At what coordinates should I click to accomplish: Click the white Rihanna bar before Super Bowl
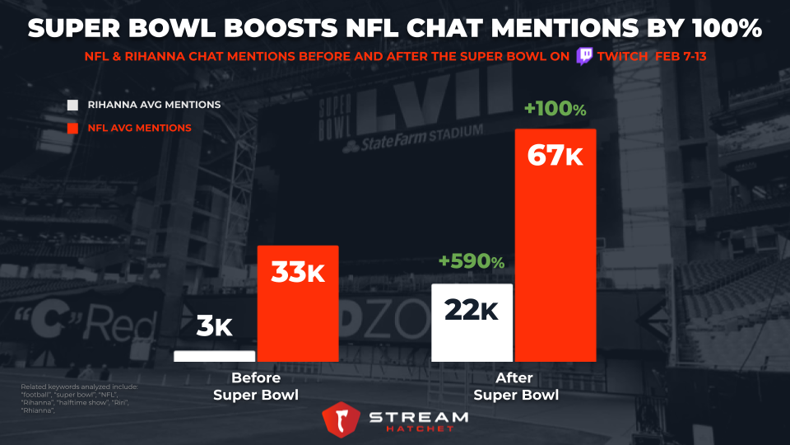coord(214,356)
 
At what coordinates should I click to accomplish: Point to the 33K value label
coord(298,270)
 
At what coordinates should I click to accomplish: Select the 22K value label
coord(472,309)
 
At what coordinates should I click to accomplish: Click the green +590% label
coord(472,261)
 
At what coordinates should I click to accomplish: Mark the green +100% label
coord(555,109)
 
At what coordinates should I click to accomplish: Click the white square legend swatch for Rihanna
coord(72,105)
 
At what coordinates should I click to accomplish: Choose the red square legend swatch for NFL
coord(72,128)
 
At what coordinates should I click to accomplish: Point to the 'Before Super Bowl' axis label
coord(255,386)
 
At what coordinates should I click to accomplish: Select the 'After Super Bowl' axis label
coord(516,386)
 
